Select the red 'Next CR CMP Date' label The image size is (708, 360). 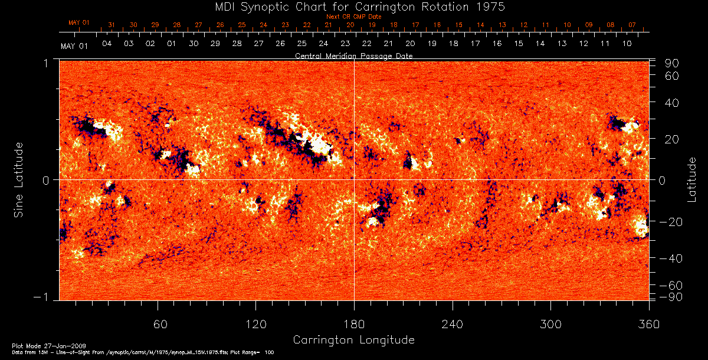353,17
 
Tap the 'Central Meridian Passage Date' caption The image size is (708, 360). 353,55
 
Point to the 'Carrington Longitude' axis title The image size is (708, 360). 353,340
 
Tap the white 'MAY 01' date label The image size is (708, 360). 74,46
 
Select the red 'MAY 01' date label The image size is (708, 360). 78,22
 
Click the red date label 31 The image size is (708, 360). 112,25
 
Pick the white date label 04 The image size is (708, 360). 107,44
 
